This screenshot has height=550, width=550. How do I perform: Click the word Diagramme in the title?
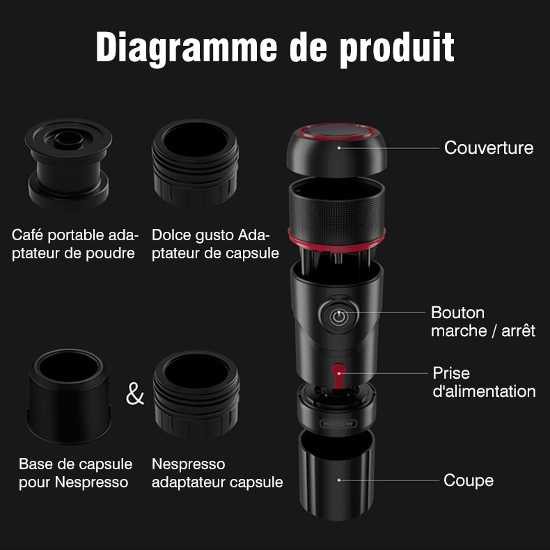(x=187, y=48)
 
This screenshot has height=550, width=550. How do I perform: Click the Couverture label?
(x=489, y=148)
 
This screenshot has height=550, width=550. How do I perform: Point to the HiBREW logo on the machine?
(x=338, y=423)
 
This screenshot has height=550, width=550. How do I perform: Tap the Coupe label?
(x=469, y=480)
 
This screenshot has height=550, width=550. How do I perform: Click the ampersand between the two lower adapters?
(x=135, y=393)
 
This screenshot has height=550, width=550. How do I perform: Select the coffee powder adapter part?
(x=68, y=164)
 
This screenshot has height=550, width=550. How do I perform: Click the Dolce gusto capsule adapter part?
(x=196, y=163)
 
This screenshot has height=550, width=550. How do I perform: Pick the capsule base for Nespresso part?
(x=69, y=395)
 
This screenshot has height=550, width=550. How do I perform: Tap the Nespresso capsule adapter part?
(x=196, y=394)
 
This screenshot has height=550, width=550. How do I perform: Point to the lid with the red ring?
(x=337, y=150)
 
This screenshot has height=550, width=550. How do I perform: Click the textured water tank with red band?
(x=337, y=214)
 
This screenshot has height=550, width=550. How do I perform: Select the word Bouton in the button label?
(x=457, y=313)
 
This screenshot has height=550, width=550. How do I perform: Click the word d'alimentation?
(x=484, y=391)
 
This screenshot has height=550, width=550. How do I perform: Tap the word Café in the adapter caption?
(x=27, y=235)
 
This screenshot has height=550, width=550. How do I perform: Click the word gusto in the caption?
(x=214, y=236)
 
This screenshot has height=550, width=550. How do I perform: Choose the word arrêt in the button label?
(x=519, y=331)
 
